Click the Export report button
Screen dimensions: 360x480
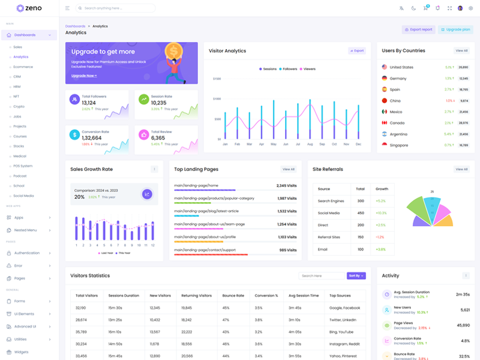point(418,29)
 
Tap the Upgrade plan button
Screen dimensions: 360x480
point(455,29)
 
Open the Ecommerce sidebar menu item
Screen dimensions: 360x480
point(23,67)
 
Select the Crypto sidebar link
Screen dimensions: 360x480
point(19,106)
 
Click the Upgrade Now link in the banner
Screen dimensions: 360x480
point(84,76)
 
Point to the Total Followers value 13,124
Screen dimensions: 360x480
point(89,103)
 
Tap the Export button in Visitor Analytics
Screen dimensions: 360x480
point(356,51)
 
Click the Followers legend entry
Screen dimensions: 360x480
point(288,69)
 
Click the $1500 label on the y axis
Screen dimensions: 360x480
point(217,79)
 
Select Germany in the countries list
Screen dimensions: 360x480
point(398,79)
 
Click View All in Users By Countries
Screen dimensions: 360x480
point(461,51)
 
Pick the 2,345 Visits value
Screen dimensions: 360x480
point(286,185)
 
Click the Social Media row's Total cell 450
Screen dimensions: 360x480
point(361,213)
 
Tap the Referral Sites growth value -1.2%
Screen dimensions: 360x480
point(380,237)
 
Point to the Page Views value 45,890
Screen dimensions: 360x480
point(463,325)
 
